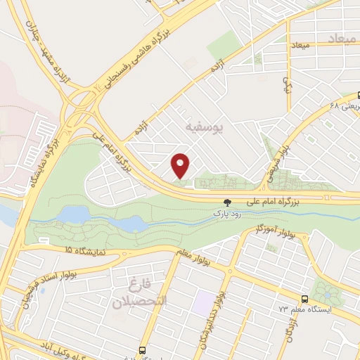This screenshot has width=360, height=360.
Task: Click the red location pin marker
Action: pyautogui.click(x=181, y=165)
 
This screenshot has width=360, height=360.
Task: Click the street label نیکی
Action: pyautogui.click(x=286, y=84)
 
